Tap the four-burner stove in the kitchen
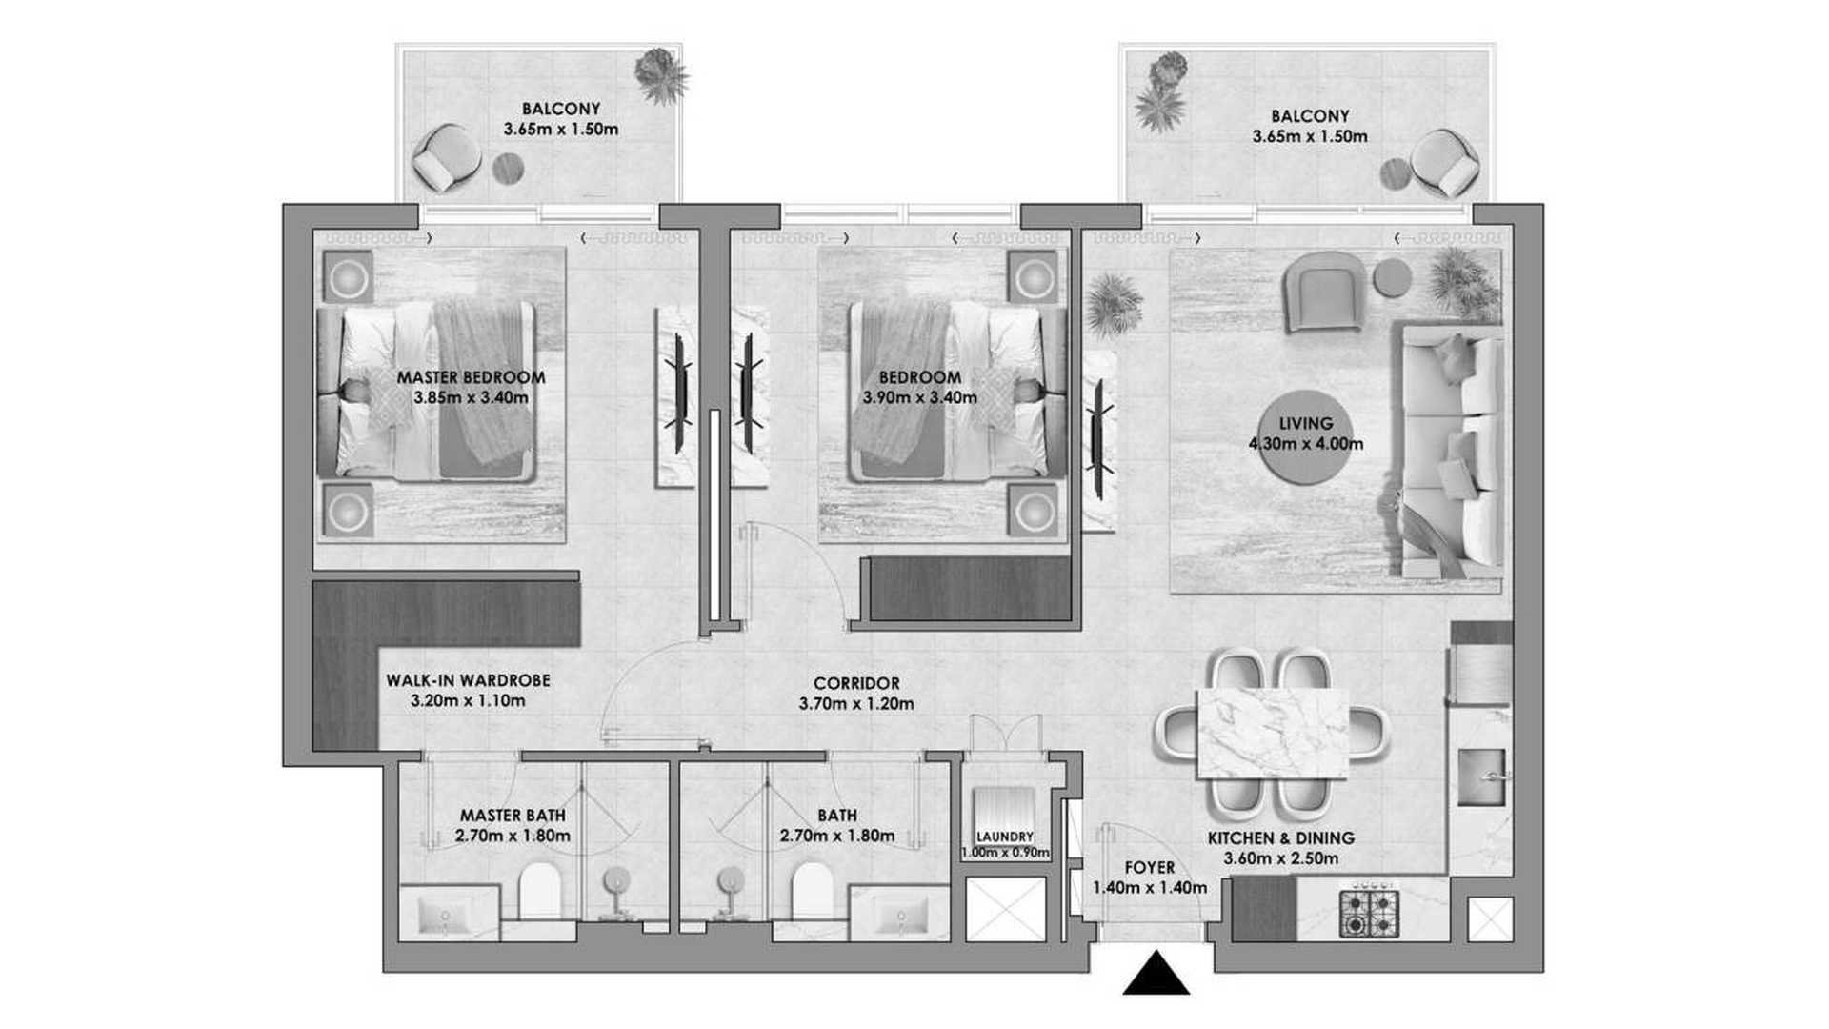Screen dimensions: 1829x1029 click(x=1369, y=912)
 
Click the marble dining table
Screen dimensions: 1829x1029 click(x=1271, y=735)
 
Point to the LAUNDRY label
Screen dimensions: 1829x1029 click(x=1005, y=837)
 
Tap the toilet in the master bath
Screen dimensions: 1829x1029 click(x=540, y=892)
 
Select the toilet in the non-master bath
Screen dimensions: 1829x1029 click(x=813, y=892)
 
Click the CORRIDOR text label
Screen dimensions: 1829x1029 click(x=856, y=683)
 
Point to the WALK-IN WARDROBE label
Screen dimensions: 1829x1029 click(x=468, y=680)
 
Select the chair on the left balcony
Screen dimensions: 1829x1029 click(x=442, y=158)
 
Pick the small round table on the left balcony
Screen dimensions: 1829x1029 click(x=508, y=171)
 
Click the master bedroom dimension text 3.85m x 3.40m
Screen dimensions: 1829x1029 click(x=471, y=397)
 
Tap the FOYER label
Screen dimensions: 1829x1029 click(x=1149, y=868)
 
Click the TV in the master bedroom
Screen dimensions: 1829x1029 click(x=680, y=392)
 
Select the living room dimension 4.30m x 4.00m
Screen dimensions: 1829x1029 click(x=1305, y=444)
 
